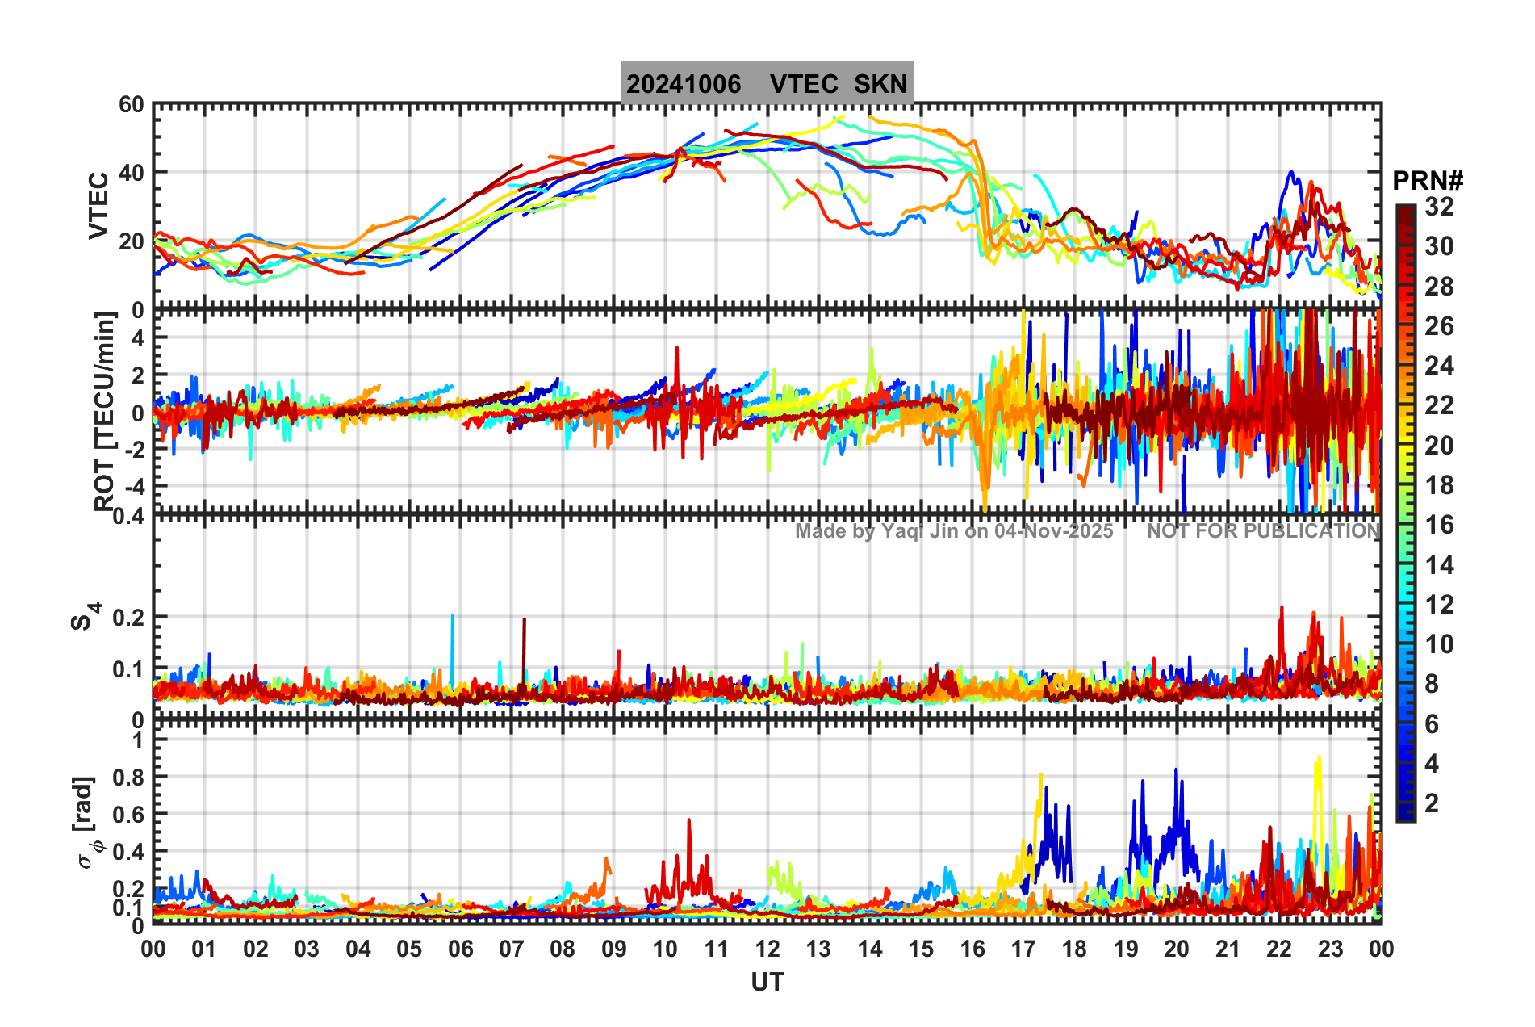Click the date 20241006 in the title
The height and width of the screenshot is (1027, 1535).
pyautogui.click(x=684, y=84)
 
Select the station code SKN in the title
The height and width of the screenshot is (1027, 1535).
pyautogui.click(x=880, y=84)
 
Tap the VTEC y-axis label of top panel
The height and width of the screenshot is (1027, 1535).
pyautogui.click(x=98, y=206)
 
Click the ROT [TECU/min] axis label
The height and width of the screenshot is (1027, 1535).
pyautogui.click(x=105, y=412)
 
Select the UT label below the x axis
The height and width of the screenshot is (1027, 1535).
pyautogui.click(x=767, y=982)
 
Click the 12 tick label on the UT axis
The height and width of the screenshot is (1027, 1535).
pyautogui.click(x=767, y=949)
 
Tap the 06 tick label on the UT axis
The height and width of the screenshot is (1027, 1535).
pyautogui.click(x=460, y=949)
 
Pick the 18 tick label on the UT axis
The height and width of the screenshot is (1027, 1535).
pyautogui.click(x=1074, y=949)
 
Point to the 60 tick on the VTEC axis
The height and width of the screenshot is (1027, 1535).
pyautogui.click(x=131, y=104)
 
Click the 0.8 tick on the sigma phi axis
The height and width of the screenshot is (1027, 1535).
pyautogui.click(x=127, y=778)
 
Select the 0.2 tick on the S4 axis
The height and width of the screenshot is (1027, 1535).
pyautogui.click(x=128, y=618)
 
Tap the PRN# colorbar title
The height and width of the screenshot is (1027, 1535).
pyautogui.click(x=1428, y=181)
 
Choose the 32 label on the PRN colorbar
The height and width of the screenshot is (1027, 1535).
pyautogui.click(x=1439, y=207)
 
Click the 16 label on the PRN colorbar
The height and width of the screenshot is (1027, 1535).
pyautogui.click(x=1439, y=525)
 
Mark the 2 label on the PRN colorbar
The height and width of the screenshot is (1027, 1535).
pyautogui.click(x=1432, y=803)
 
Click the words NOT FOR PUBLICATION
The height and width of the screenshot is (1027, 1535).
pyautogui.click(x=1263, y=531)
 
